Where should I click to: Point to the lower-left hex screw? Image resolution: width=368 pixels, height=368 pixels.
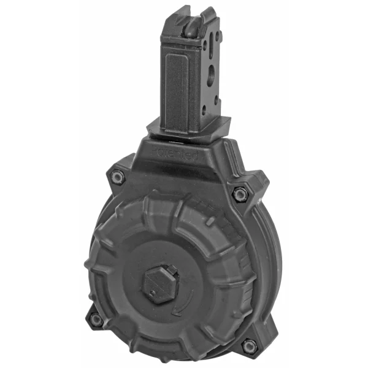click(x=96, y=318)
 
